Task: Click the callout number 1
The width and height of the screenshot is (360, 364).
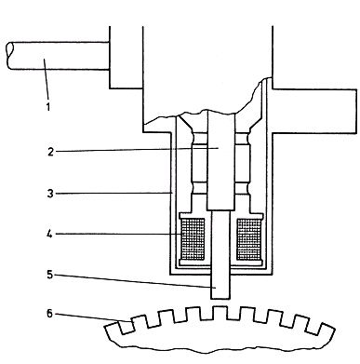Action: click(48, 106)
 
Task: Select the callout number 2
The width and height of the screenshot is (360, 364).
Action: click(50, 152)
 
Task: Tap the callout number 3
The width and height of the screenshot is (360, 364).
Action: click(50, 194)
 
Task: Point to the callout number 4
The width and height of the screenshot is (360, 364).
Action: click(49, 234)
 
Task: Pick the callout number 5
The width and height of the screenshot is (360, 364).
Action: click(50, 275)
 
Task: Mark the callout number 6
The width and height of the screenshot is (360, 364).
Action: click(50, 314)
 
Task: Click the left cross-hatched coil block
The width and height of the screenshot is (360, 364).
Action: click(193, 239)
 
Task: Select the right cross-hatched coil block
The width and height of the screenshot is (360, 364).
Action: click(248, 239)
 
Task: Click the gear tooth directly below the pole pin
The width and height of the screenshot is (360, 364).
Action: click(220, 313)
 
